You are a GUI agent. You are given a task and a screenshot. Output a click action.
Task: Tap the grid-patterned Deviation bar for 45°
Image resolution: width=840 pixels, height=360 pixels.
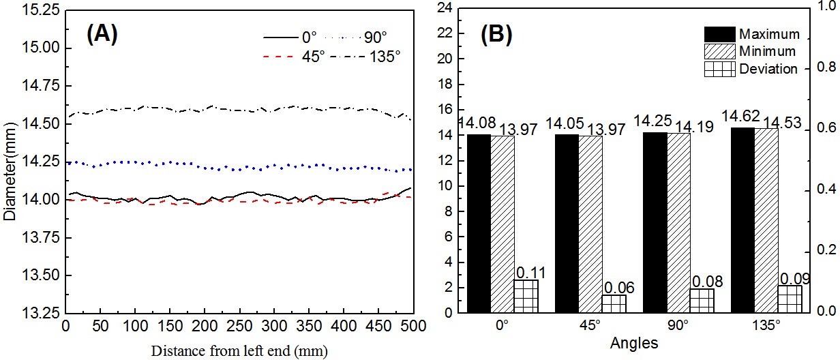click(x=614, y=303)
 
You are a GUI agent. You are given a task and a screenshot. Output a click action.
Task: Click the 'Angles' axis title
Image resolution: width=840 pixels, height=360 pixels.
click(x=634, y=344)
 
